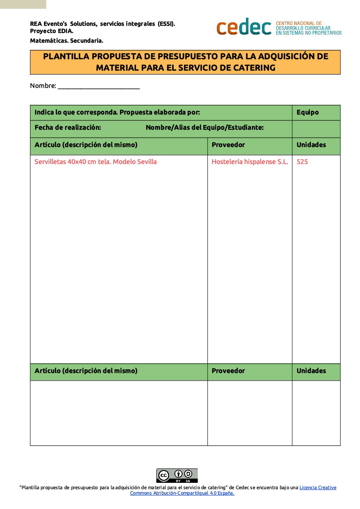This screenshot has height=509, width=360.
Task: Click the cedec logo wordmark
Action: pos(244,27)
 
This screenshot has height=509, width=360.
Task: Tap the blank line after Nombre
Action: pos(98,86)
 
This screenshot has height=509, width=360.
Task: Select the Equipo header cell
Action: pos(308,112)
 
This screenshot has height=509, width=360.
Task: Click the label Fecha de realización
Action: pos(68,128)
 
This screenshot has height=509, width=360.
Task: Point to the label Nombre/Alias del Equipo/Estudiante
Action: pos(205,128)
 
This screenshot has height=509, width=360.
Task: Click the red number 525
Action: pos(302,162)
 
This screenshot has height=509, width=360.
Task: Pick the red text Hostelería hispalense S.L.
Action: pos(249,162)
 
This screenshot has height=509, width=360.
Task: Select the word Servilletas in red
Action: pos(50,162)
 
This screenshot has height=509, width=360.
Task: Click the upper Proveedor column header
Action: pos(228,145)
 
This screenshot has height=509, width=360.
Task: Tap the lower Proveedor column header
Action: pos(228,371)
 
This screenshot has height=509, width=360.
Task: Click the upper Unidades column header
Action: pos(311,145)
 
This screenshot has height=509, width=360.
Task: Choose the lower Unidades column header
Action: pos(311,371)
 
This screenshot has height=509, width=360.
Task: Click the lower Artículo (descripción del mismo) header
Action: pos(86,371)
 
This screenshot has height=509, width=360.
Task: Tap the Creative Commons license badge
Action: pos(177,476)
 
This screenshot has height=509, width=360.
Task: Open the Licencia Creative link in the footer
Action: pos(318,487)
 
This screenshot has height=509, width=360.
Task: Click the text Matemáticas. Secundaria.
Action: pos(67,41)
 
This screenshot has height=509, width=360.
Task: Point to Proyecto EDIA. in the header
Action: pos(52,31)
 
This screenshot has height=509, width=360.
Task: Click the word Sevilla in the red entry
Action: pos(147,162)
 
